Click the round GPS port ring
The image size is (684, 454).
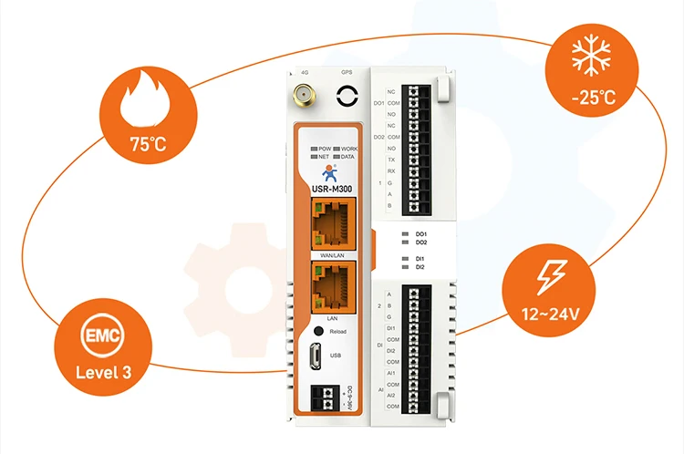coord(347,96)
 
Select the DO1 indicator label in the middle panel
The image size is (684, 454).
coord(420,234)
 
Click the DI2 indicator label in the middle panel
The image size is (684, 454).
coord(420,267)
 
